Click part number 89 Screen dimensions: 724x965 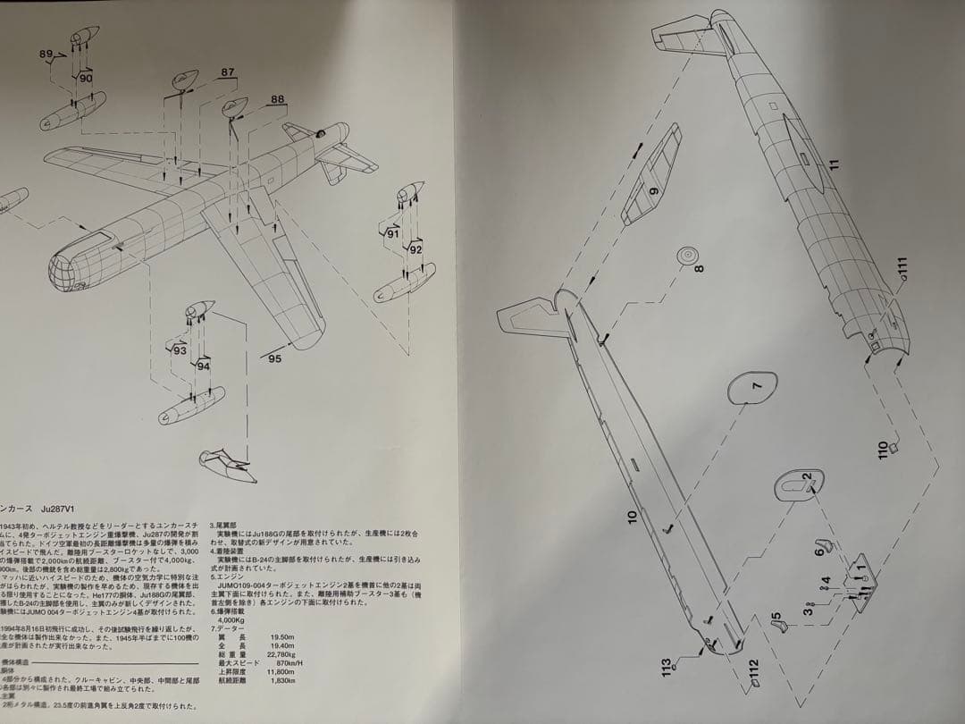click(46, 55)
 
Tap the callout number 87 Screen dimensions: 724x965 click(228, 72)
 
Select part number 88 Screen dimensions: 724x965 click(278, 100)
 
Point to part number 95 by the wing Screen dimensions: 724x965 click(273, 358)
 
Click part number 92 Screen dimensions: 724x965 click(415, 250)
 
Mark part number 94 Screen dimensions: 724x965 click(204, 366)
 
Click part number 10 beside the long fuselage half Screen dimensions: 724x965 click(632, 516)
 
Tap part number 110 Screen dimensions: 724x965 click(884, 448)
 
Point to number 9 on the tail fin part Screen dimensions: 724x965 click(653, 191)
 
